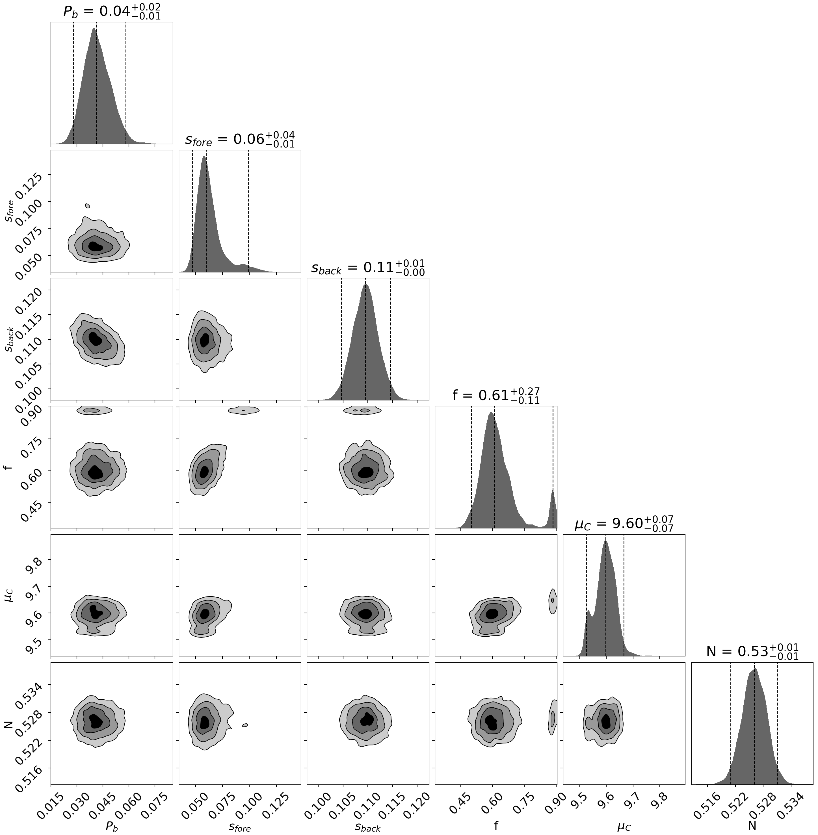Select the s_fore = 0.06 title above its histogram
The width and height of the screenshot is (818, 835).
[240, 140]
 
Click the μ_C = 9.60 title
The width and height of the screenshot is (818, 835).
[624, 524]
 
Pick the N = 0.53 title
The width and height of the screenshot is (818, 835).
[752, 652]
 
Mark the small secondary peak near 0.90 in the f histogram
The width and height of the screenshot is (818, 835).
[553, 507]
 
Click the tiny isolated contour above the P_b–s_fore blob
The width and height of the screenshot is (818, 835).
[88, 206]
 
